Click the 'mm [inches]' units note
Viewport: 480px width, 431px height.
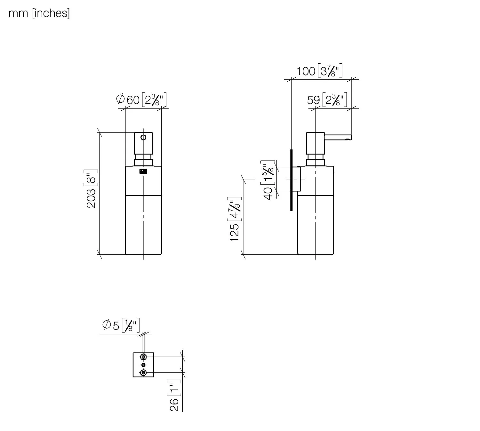coord(39,13)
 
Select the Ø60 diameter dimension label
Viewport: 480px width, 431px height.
coord(141,100)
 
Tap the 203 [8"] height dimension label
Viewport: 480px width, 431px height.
coord(91,188)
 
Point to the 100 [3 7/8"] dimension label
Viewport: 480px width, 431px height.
coord(319,71)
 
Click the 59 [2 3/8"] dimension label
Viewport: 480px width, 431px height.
coord(327,100)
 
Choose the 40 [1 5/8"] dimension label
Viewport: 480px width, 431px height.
coord(268,180)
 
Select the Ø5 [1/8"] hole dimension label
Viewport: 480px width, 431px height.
coord(121,325)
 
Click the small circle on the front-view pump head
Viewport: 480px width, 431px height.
coord(143,137)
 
